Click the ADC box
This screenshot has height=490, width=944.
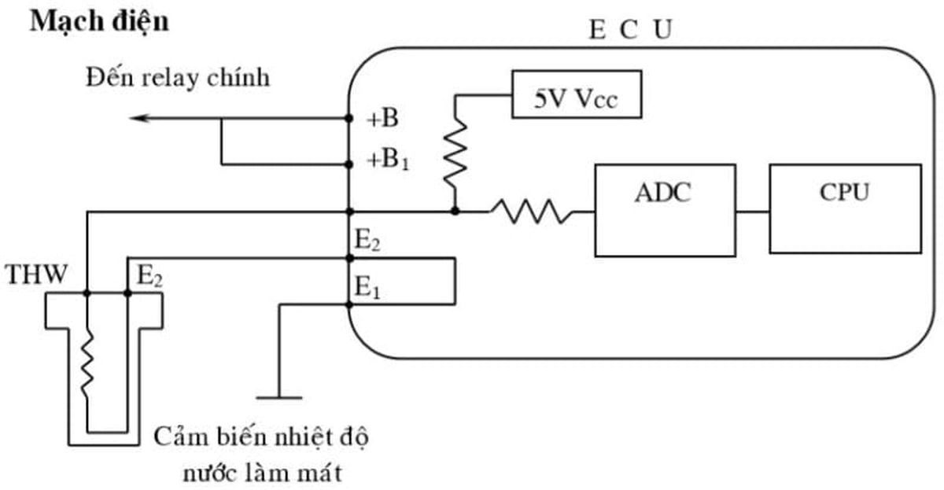pos(662,210)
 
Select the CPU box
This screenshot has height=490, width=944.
pos(845,208)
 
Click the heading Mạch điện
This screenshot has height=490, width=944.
pos(99,21)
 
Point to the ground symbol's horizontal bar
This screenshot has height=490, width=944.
pos(278,397)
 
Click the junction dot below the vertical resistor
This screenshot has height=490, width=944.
pos(455,212)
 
